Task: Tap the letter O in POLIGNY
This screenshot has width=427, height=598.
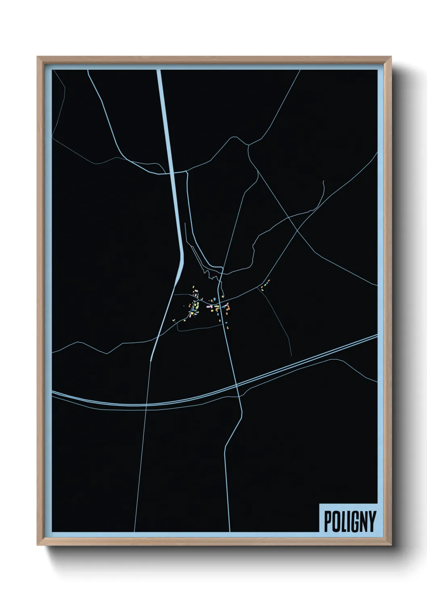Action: click(x=335, y=522)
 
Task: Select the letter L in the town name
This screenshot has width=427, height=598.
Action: click(x=342, y=522)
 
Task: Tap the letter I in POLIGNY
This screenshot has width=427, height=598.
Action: click(x=347, y=522)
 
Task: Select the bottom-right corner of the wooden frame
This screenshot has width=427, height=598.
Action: click(x=391, y=545)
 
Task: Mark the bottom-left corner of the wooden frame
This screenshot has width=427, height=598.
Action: click(x=38, y=545)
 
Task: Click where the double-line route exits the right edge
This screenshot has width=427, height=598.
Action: click(x=377, y=336)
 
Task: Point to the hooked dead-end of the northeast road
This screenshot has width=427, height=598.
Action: click(x=323, y=181)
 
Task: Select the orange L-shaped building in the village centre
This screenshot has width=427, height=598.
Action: click(x=228, y=309)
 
